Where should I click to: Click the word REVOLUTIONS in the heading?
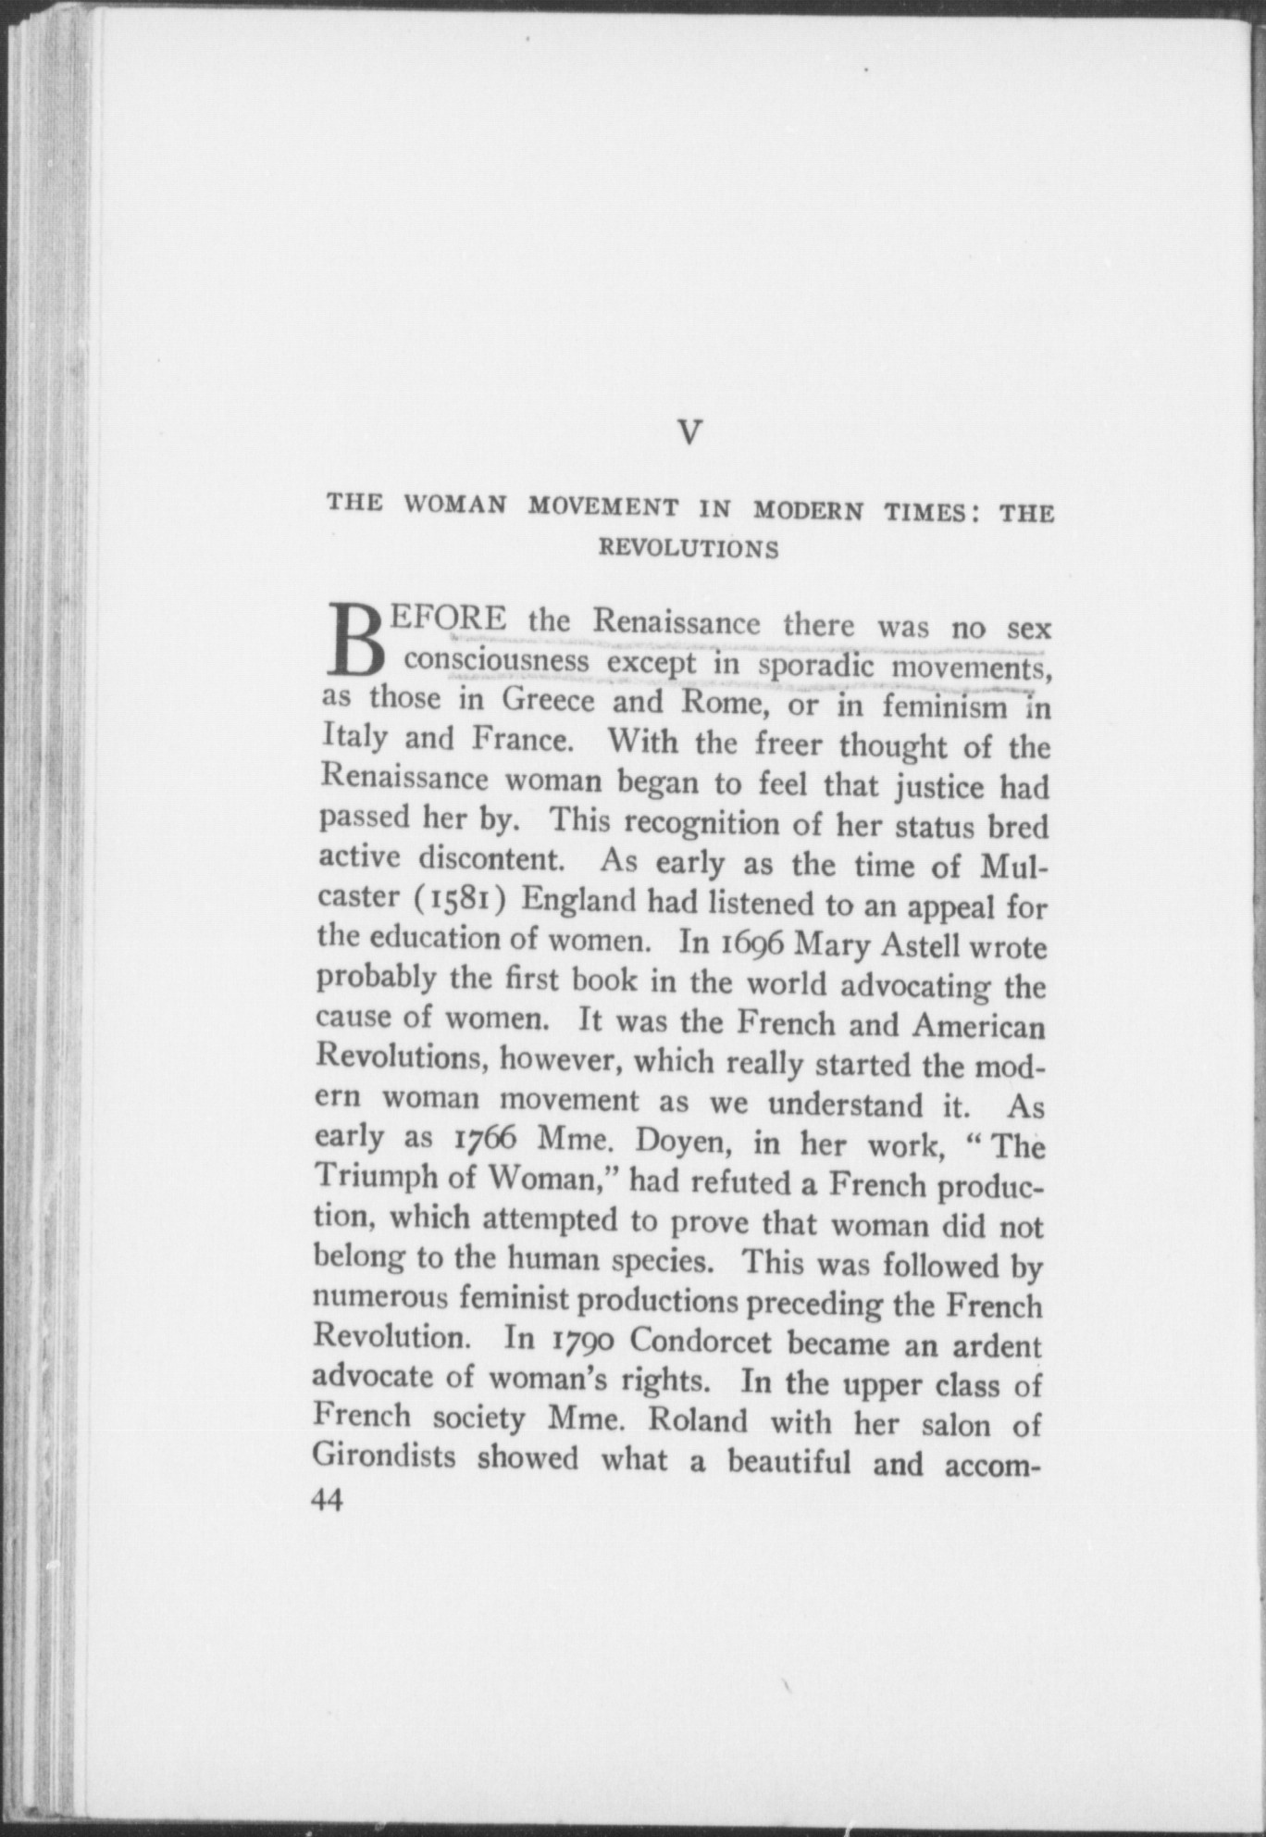pos(689,549)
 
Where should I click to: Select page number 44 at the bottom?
pos(328,1499)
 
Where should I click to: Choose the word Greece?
pos(548,700)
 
